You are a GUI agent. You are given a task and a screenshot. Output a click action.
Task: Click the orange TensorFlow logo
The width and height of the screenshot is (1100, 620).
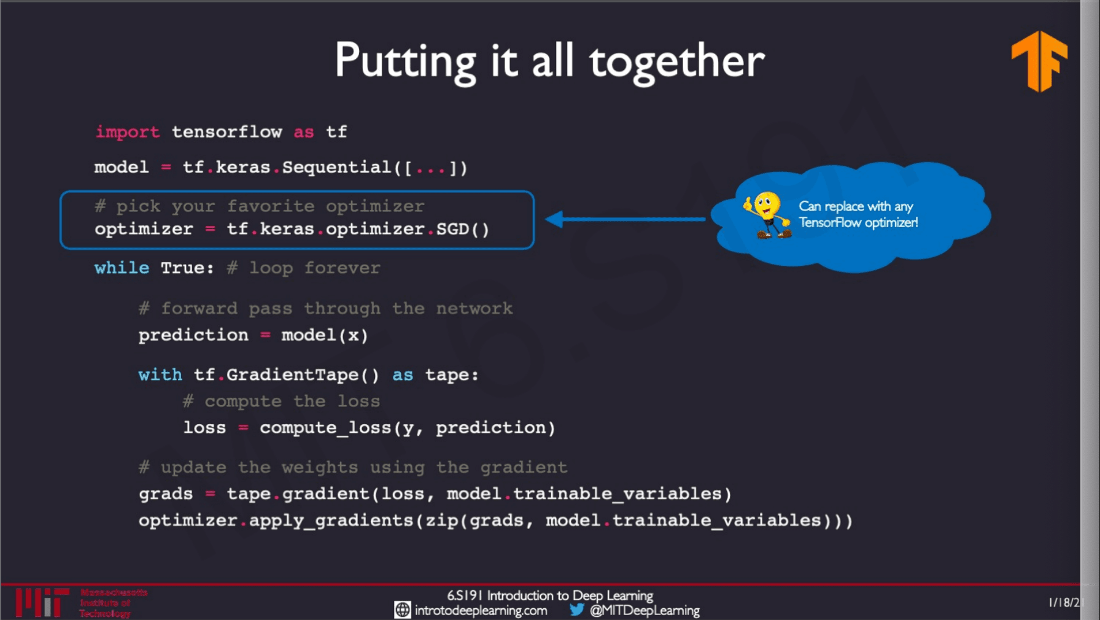pos(1039,61)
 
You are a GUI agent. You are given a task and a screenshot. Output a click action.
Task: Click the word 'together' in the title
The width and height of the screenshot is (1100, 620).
pos(676,63)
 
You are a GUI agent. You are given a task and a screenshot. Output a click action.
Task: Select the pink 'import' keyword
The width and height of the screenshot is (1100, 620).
pos(127,132)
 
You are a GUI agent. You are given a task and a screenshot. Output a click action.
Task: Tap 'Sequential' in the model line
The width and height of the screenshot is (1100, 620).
pos(336,168)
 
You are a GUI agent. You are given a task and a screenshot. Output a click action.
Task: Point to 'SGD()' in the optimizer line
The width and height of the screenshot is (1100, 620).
pos(462,229)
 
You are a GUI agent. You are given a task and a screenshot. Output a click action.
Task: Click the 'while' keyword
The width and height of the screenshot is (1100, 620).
pos(122,268)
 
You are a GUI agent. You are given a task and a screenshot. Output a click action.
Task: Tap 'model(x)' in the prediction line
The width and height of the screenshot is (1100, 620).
pos(324,335)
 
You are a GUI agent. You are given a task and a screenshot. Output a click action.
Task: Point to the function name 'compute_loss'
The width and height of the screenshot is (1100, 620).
pos(325,428)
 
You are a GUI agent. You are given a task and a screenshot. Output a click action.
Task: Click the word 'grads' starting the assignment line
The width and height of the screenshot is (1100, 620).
pos(165,494)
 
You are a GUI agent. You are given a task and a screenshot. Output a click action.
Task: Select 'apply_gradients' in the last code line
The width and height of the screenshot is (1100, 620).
pos(331,521)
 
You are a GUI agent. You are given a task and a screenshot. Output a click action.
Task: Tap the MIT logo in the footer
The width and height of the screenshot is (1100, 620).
pos(41,602)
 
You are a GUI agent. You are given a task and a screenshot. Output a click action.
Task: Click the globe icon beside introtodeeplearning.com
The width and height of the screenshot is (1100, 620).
pos(402,610)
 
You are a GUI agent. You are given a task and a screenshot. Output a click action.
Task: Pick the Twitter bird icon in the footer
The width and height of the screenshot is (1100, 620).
pos(576,610)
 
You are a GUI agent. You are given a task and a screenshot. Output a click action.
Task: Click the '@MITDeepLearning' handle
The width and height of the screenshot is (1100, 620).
pos(645,610)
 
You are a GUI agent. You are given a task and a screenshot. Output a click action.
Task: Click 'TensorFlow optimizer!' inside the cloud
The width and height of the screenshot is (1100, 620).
pos(858,223)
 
